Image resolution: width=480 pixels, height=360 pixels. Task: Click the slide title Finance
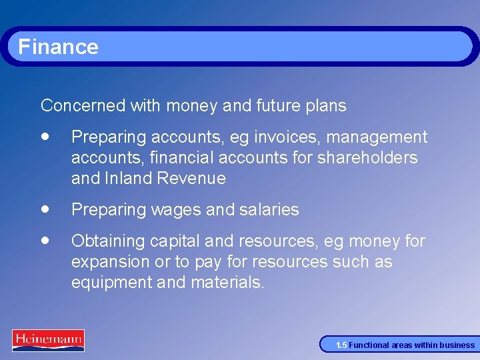tap(58, 47)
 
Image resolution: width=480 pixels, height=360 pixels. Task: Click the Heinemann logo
tap(48, 340)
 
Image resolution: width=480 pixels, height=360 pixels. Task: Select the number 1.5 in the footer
tap(341, 345)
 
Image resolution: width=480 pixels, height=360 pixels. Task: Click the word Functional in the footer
tap(367, 345)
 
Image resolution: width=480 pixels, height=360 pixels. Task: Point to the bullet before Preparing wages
tap(45, 208)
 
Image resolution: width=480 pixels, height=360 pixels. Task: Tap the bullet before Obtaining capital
tap(45, 239)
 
